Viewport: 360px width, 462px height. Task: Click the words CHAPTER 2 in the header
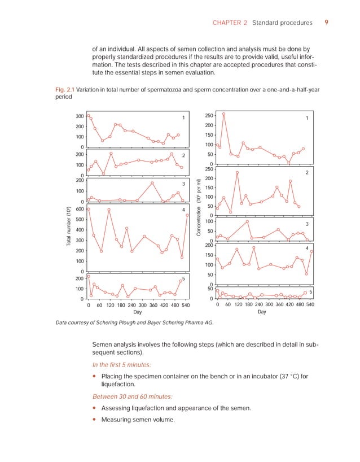[x=230, y=23]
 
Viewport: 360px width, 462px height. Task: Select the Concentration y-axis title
[x=199, y=215]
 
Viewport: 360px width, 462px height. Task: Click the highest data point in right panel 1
[x=223, y=114]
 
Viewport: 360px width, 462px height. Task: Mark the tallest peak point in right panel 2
[x=238, y=172]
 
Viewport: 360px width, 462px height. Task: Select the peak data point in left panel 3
[x=152, y=183]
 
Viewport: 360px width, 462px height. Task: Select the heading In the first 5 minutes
[x=126, y=365]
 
